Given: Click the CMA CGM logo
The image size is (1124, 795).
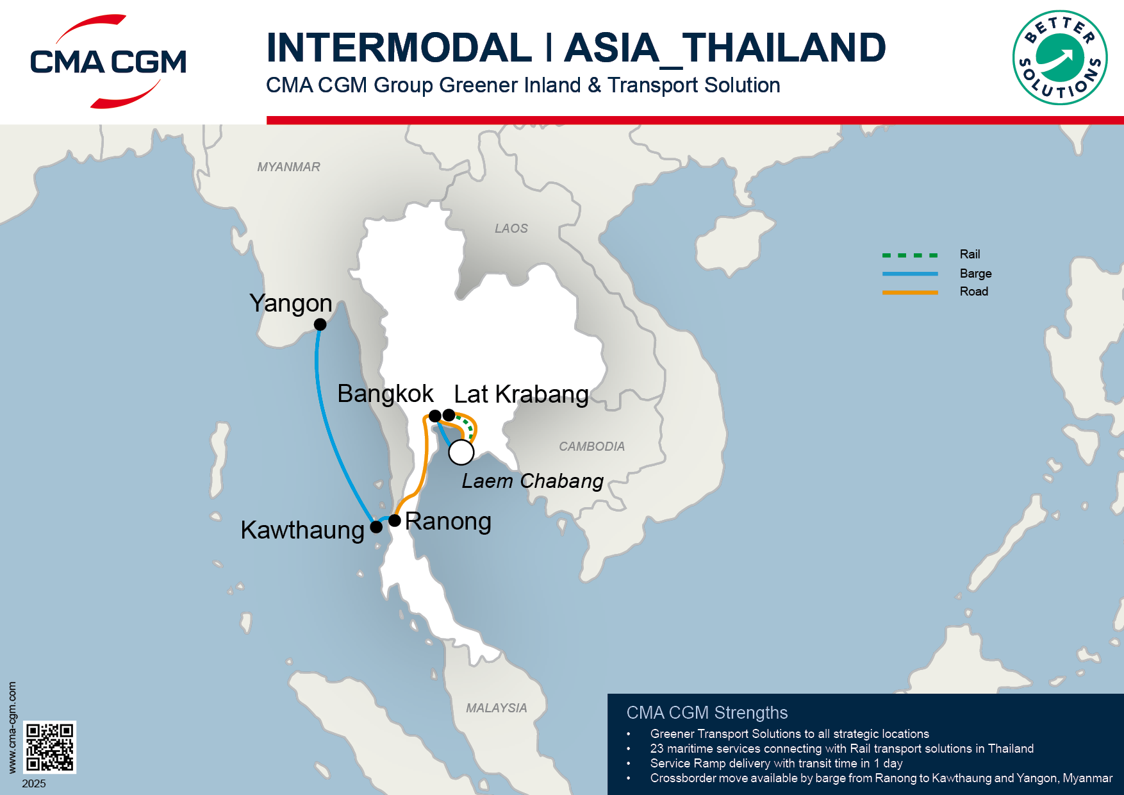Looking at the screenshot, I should (x=108, y=62).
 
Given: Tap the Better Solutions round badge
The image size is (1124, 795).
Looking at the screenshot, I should (x=1060, y=58).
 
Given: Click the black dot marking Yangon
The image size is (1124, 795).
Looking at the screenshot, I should (x=320, y=324).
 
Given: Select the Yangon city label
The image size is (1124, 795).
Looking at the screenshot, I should (x=291, y=303).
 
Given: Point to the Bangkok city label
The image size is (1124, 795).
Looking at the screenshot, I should (x=385, y=394).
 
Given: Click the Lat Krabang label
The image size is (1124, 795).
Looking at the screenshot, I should (x=521, y=394).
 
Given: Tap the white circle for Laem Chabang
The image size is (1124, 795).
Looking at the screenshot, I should (x=461, y=452).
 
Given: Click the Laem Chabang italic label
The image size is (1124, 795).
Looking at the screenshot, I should (x=533, y=481).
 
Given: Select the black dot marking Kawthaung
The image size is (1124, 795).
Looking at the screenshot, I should (x=377, y=527).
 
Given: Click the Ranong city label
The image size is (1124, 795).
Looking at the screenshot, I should (x=448, y=521).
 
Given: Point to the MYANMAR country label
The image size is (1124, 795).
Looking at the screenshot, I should (x=288, y=167).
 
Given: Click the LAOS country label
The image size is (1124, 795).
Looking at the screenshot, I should (x=511, y=228).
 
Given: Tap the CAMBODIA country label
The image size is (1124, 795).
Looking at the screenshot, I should (x=591, y=446).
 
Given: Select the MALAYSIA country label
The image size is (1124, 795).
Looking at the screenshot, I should (x=496, y=708).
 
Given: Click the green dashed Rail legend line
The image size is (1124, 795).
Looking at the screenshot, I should (x=909, y=255).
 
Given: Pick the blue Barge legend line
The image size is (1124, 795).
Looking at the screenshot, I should (x=909, y=274).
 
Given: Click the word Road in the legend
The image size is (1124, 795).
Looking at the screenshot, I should (x=973, y=292).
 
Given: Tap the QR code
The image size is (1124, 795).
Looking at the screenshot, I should (x=50, y=747).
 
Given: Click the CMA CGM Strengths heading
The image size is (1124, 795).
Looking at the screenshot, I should (x=707, y=712).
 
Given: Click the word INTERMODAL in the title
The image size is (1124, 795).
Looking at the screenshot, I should (x=399, y=47).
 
